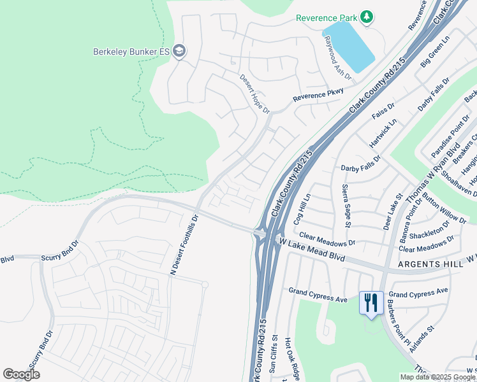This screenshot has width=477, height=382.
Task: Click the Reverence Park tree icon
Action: point(367,17)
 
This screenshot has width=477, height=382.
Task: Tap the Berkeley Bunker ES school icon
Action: point(179,52)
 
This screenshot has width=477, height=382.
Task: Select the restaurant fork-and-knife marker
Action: point(371,302)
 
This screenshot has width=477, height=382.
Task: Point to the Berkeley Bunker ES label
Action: point(131,52)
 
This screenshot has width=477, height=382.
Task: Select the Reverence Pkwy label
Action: point(318,95)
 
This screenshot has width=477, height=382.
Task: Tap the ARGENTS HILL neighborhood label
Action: point(425,264)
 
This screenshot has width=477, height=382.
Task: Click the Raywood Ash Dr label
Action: point(337,58)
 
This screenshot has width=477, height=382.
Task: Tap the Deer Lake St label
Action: point(392,213)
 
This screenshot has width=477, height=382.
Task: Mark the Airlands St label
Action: point(422,339)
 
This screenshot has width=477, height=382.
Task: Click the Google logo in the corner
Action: point(21,374)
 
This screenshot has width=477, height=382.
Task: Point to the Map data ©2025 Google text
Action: point(437,377)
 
